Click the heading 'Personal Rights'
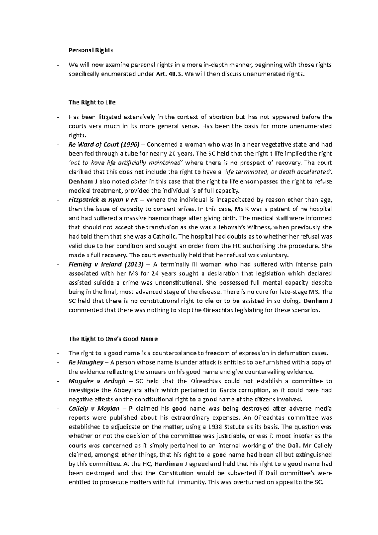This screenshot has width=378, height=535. pyautogui.click(x=90, y=50)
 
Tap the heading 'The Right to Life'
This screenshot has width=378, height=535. pyautogui.click(x=92, y=102)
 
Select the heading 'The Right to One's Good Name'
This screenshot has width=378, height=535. pyautogui.click(x=113, y=339)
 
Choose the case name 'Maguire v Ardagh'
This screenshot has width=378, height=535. pyautogui.click(x=97, y=381)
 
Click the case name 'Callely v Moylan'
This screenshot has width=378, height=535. pyautogui.click(x=94, y=409)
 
